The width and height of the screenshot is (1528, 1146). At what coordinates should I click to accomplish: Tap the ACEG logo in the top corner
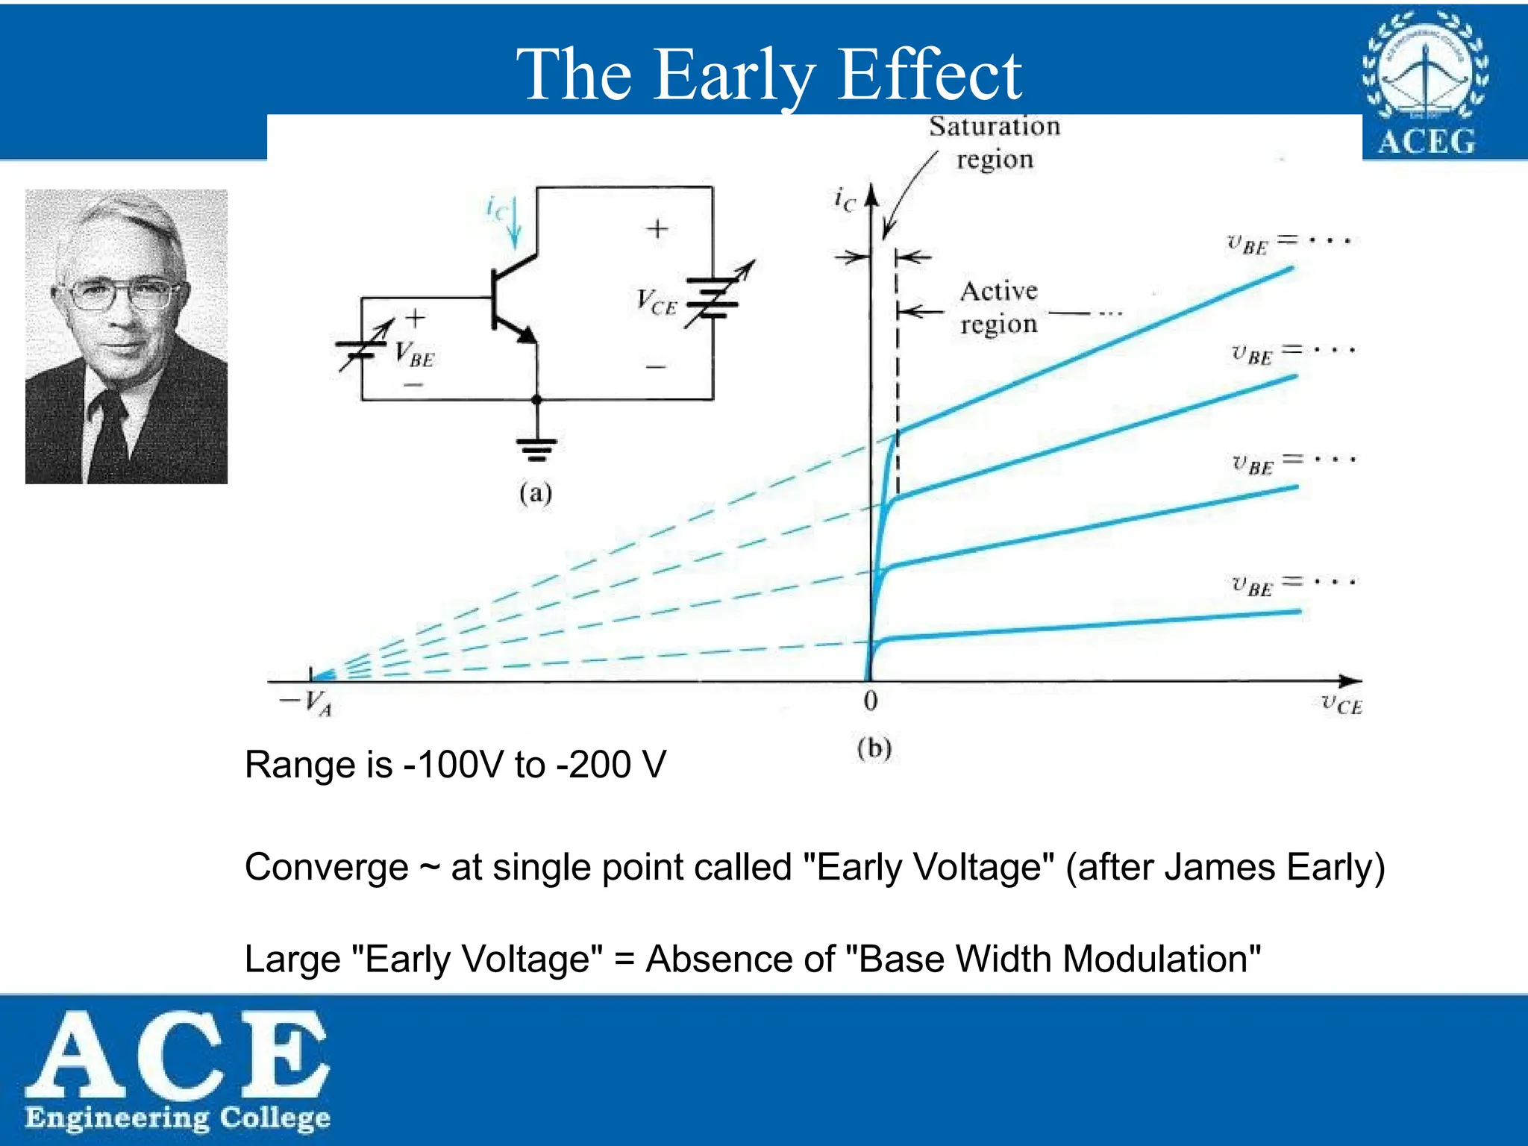pos(1426,84)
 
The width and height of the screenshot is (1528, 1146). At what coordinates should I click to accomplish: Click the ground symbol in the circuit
pos(536,449)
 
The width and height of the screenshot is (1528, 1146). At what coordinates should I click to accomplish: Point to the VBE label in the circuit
pos(414,354)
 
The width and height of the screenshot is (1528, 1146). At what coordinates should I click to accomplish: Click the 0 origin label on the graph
pos(870,701)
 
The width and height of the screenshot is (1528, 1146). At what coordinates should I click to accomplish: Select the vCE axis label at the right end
pos(1341,704)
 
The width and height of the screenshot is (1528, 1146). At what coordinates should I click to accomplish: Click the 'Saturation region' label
pos(995,142)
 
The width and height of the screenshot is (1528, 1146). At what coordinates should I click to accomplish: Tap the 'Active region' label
pos(999,307)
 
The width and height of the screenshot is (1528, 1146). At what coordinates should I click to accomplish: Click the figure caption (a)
pos(536,493)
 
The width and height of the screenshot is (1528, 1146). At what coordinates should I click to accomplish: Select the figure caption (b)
pos(874,748)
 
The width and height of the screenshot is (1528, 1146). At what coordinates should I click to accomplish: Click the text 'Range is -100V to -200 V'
pos(455,765)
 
